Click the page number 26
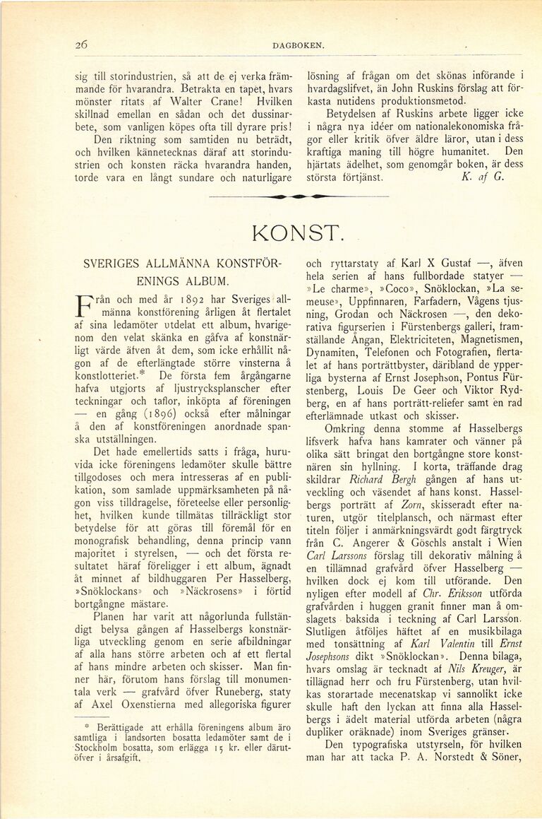81,45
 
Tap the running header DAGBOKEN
297,46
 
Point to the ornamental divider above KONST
299,196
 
